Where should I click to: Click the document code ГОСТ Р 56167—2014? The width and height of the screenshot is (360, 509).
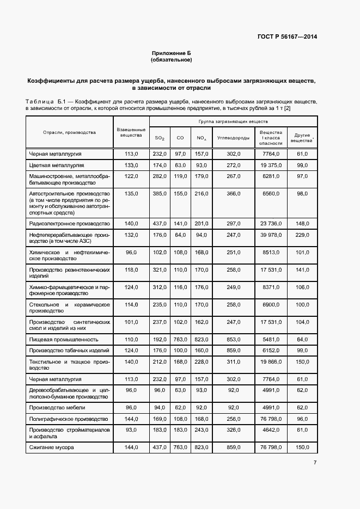point(287,37)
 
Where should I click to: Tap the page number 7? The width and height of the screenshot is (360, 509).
point(315,463)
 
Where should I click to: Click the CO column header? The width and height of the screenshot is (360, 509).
point(180,138)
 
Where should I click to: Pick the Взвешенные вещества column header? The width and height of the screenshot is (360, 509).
point(131,132)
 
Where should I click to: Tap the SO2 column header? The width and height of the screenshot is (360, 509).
point(159,138)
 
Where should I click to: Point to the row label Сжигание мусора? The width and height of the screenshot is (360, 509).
point(52,447)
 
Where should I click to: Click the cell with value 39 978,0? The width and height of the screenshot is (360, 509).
point(271,235)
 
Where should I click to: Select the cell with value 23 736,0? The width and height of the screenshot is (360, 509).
point(271,224)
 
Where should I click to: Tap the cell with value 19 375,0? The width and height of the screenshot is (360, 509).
point(271,165)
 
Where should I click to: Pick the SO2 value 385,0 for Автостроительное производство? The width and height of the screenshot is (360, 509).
point(159,193)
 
